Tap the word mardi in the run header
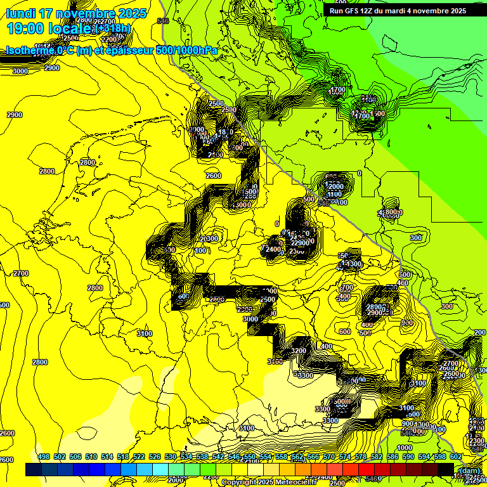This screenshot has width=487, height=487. (405, 11)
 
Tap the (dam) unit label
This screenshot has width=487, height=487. (469, 470)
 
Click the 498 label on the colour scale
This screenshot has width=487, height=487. (44, 457)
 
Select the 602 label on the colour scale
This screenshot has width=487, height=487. (455, 457)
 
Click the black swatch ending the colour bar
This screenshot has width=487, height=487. (445, 469)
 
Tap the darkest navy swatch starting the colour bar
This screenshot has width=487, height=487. (34, 469)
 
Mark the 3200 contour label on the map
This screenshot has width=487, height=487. (299, 351)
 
